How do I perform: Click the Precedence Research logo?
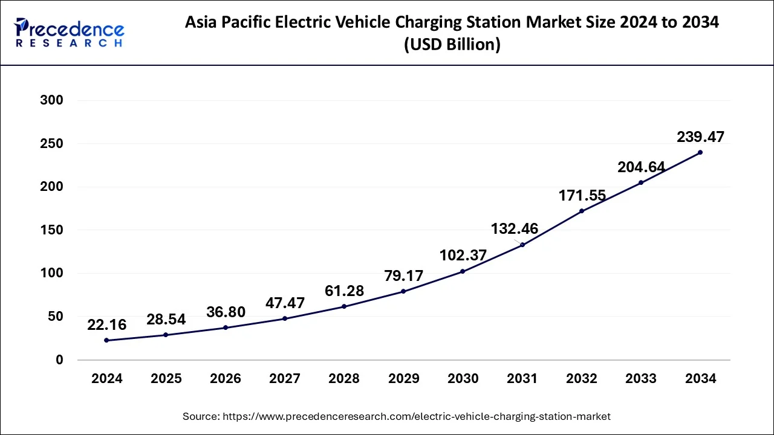69,33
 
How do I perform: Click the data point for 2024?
106,340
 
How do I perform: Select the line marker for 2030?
463,271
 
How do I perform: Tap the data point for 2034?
700,152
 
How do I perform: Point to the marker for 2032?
582,211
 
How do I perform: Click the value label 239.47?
700,137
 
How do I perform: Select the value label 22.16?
106,325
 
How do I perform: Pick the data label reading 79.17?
403,275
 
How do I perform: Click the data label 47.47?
285,303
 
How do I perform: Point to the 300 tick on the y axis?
51,100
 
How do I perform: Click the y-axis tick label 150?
51,230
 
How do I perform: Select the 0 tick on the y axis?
59,360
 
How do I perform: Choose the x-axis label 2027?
285,379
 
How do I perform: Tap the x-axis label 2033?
641,379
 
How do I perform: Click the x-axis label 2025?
166,379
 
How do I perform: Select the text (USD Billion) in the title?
452,45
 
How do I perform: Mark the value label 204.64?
641,167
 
